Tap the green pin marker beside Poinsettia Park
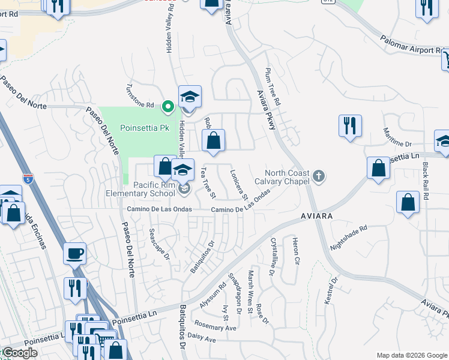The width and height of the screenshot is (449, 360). click(x=169, y=107)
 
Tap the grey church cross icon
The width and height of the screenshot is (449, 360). click(x=319, y=176)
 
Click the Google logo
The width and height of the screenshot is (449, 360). click(x=20, y=353)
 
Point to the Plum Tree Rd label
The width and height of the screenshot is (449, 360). click(x=273, y=86)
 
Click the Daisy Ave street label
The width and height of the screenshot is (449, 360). click(x=202, y=338)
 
